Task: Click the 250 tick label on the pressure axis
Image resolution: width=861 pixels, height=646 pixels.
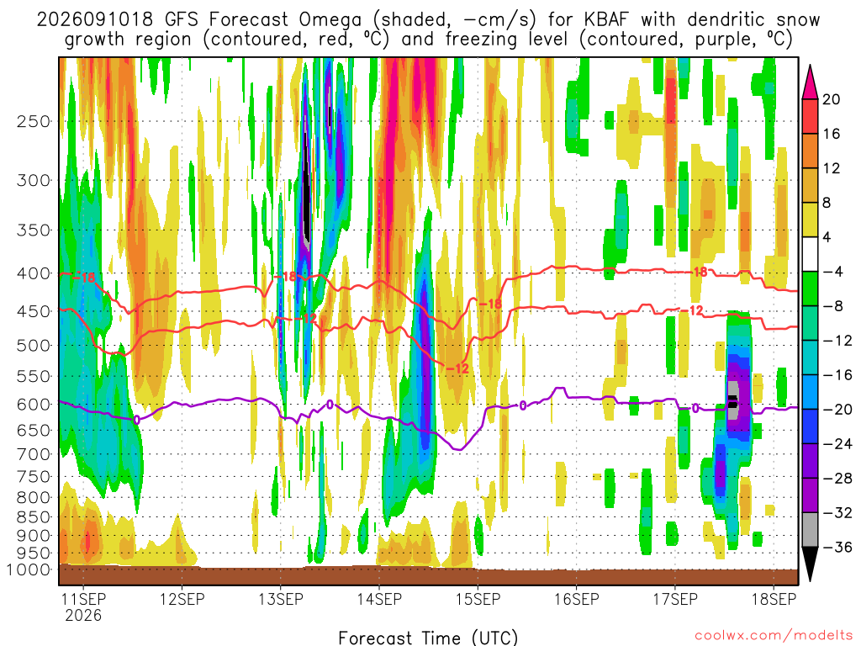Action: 34,121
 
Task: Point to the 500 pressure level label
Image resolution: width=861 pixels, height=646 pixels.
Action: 34,346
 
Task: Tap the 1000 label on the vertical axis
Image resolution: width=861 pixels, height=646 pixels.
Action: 29,569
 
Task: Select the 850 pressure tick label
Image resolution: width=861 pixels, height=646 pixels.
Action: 34,517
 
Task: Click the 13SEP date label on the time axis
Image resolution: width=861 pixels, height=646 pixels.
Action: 281,599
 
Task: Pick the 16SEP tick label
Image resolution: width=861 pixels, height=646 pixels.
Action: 577,599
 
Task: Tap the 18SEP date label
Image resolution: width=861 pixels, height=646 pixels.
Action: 774,599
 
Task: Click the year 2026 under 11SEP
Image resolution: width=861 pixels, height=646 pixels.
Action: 83,615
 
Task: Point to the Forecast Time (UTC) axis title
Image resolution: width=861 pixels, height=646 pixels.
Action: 428,638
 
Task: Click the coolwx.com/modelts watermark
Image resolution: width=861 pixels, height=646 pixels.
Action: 774,635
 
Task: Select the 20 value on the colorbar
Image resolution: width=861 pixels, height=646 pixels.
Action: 832,99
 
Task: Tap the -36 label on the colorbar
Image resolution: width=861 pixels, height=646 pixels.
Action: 837,547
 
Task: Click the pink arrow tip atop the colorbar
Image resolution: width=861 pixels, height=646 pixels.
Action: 810,66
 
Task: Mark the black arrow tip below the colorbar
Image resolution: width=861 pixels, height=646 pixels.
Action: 810,580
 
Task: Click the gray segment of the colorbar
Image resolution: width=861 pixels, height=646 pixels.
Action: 810,530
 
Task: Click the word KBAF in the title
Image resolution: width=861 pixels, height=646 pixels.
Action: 608,20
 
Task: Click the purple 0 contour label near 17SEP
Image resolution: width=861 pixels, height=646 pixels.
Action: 695,408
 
